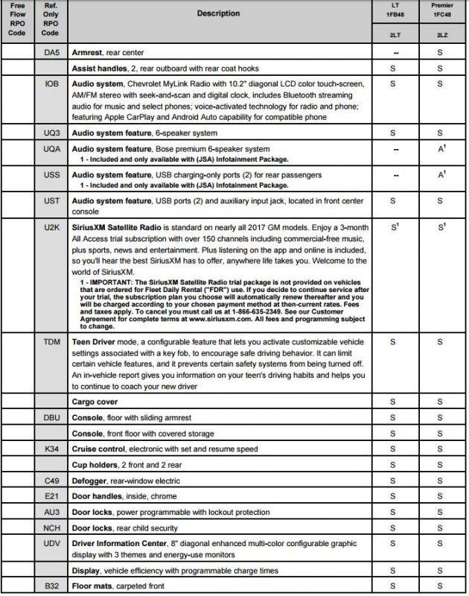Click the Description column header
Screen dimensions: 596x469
pyautogui.click(x=219, y=13)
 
